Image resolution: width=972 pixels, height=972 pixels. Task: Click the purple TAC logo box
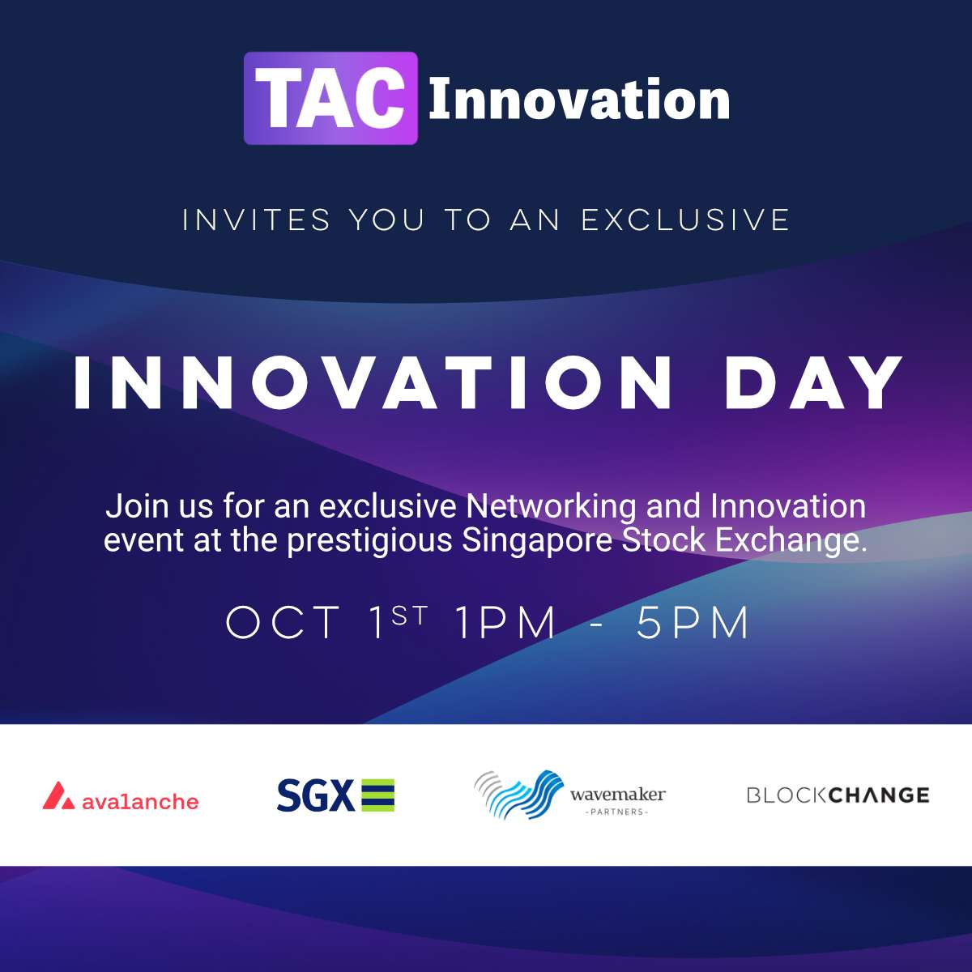(331, 98)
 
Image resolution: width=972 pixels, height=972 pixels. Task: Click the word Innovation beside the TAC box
(579, 100)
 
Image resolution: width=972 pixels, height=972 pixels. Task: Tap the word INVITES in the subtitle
(256, 220)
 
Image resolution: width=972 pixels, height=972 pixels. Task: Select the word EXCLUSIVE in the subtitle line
(685, 220)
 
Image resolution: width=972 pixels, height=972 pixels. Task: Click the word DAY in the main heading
(813, 382)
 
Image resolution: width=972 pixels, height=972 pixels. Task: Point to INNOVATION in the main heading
(373, 382)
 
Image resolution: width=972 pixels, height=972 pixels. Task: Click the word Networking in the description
(551, 506)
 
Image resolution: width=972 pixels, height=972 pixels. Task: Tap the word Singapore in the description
(537, 541)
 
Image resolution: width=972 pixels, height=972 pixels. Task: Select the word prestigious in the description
(369, 541)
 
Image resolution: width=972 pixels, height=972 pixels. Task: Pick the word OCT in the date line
(283, 623)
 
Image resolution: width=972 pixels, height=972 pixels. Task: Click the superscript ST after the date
(409, 616)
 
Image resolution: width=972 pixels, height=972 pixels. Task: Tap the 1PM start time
(505, 623)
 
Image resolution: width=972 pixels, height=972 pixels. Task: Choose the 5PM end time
(693, 623)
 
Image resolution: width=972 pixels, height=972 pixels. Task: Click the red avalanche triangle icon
(58, 796)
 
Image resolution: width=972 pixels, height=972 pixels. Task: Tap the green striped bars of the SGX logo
(378, 795)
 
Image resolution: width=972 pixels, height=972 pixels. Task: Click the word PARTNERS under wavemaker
(616, 812)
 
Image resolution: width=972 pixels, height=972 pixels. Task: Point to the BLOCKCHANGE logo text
(838, 795)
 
